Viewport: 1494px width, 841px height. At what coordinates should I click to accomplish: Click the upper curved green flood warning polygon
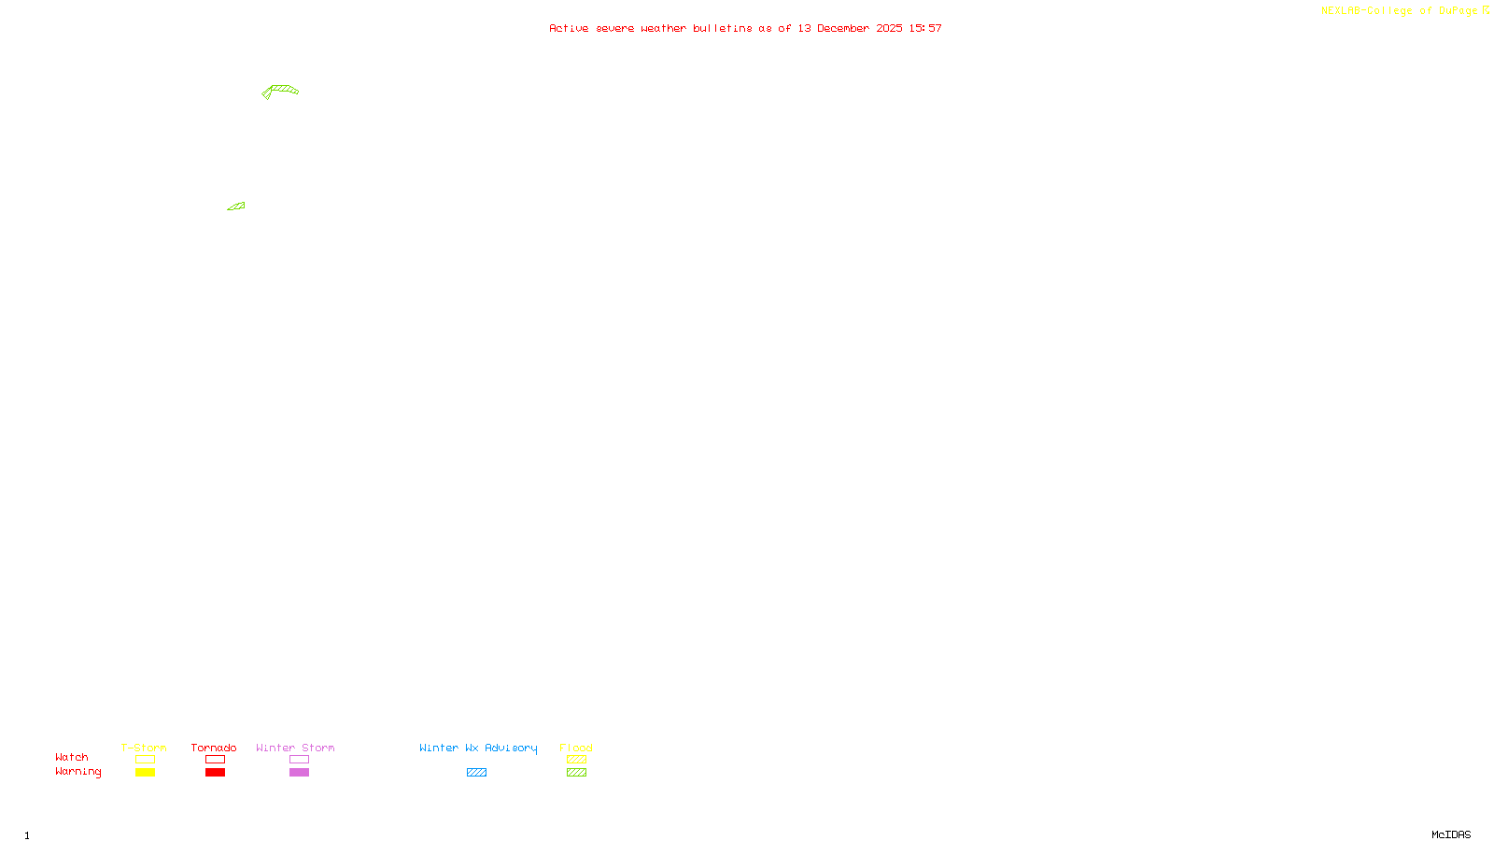pos(282,90)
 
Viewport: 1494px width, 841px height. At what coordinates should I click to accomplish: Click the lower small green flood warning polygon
pos(237,207)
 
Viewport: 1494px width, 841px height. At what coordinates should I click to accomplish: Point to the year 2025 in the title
pos(889,28)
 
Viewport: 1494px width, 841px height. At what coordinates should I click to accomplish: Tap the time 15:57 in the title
pos(925,28)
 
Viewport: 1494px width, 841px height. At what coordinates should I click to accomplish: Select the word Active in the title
pos(569,28)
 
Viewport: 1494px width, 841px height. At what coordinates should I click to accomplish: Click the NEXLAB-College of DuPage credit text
pos(1400,10)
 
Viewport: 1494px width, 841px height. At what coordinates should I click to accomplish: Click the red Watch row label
pos(72,757)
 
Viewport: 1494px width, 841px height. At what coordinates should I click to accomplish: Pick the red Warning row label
pos(78,772)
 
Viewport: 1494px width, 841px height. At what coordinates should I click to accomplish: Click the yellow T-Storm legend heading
pos(144,748)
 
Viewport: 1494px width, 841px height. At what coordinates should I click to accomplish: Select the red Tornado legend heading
pos(214,748)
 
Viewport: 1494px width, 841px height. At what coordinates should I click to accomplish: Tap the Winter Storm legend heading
pos(295,748)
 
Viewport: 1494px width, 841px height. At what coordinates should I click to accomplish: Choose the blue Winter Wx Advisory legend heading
pos(478,748)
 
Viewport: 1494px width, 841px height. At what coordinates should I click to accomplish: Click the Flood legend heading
pos(576,748)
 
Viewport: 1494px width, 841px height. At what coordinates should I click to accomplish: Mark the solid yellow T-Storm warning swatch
pos(145,773)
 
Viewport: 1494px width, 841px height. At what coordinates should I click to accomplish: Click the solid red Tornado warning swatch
pos(215,773)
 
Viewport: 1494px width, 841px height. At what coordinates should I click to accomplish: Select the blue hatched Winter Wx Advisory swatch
pos(476,773)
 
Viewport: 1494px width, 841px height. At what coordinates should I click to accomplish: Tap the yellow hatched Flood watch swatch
pos(576,760)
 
